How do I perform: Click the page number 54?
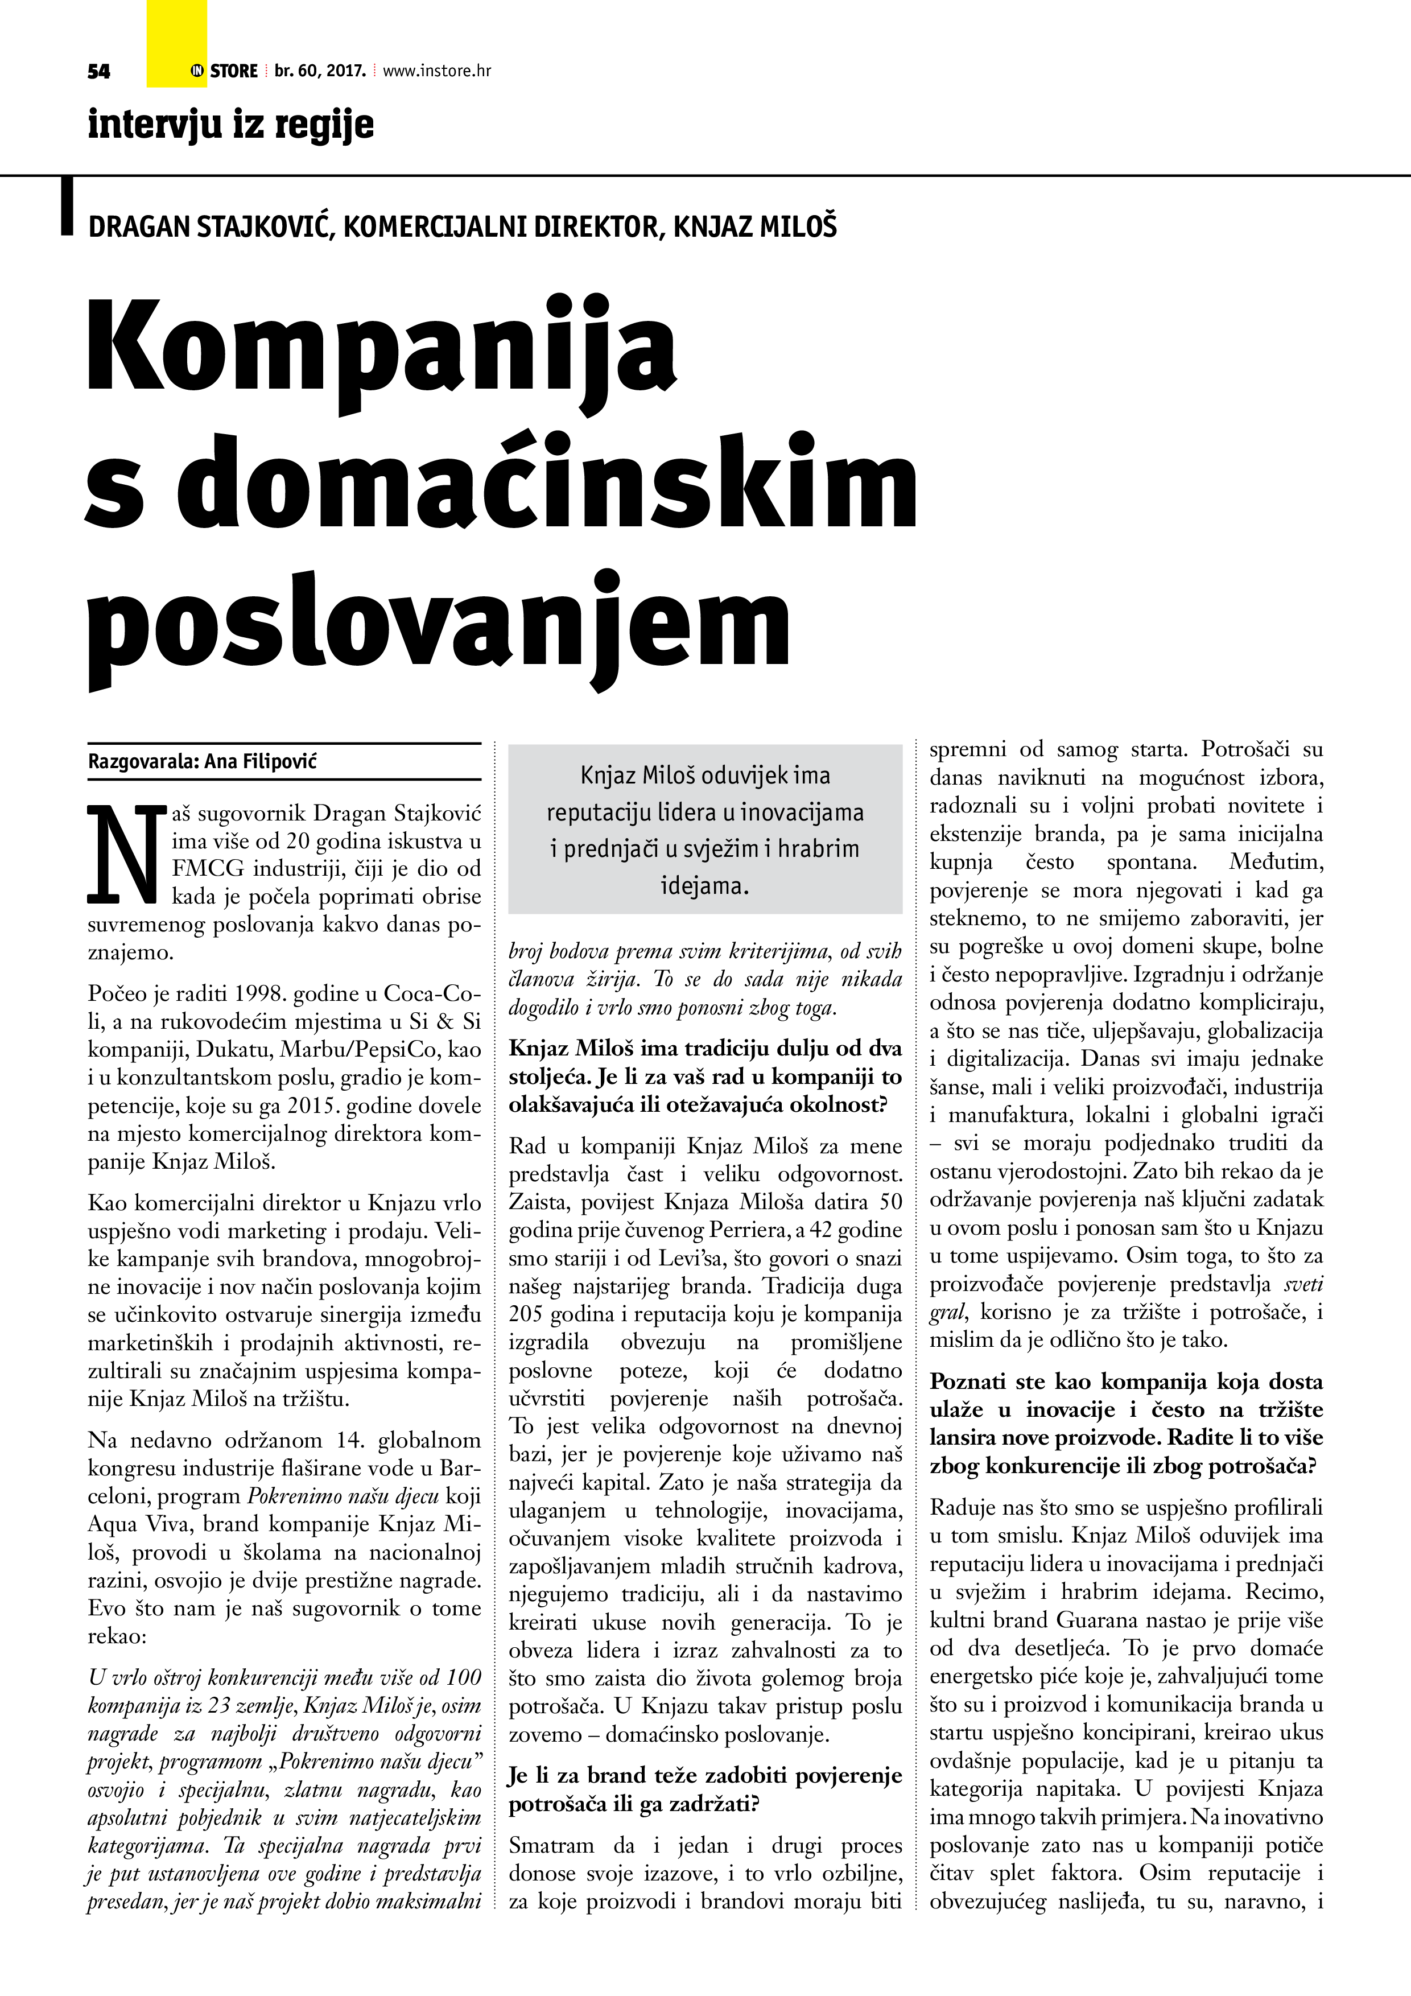click(98, 71)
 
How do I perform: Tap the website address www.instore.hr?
click(436, 71)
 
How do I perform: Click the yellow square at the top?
click(176, 43)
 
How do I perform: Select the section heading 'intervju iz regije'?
click(230, 125)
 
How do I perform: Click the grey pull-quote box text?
click(705, 830)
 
